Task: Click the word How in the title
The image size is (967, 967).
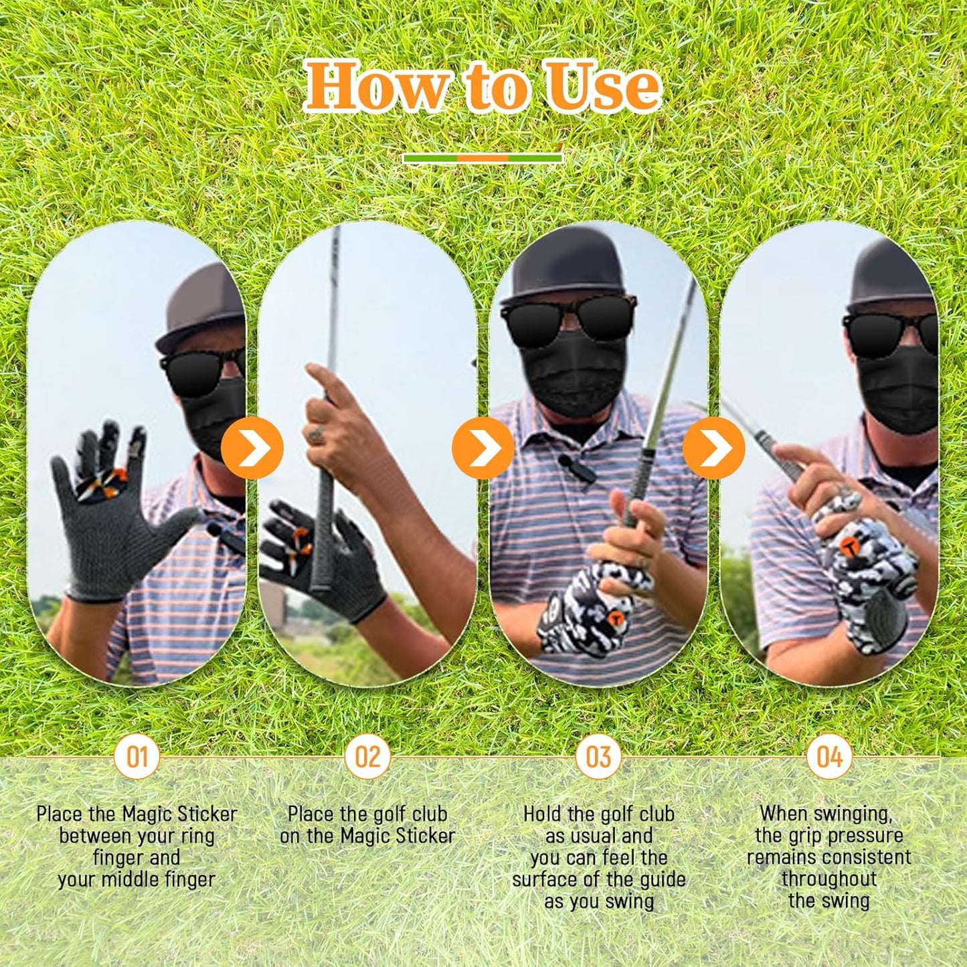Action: pos(376,86)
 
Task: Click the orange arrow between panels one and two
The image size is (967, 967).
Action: pos(252,448)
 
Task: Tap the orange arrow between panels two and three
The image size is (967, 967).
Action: pos(483,448)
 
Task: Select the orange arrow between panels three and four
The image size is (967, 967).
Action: pos(714,448)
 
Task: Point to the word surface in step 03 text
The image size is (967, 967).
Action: pos(553,880)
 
